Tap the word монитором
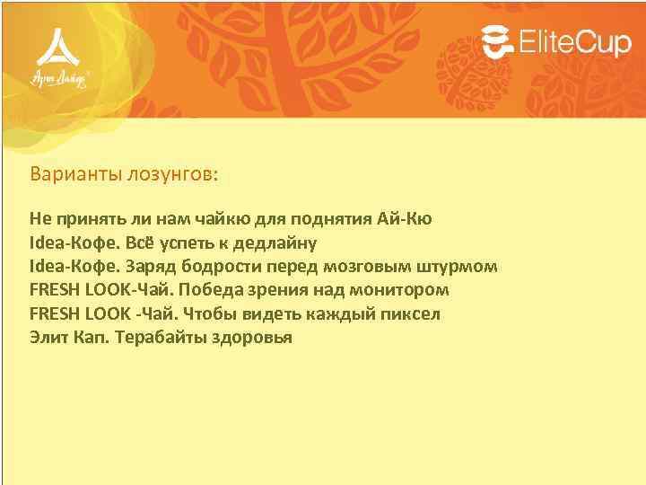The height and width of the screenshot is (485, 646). click(399, 290)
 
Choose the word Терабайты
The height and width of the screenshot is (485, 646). click(161, 338)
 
